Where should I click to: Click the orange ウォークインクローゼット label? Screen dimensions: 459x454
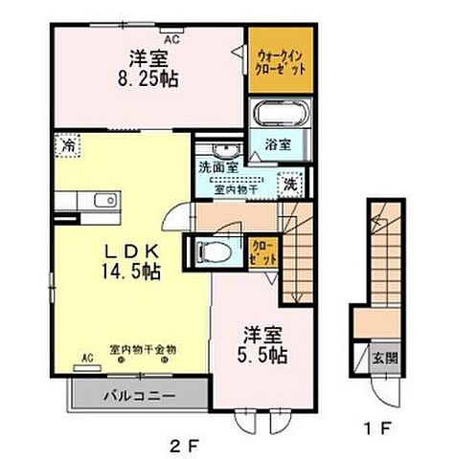click(x=280, y=62)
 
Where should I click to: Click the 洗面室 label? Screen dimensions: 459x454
click(x=217, y=167)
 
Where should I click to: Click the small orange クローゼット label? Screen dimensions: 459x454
click(x=260, y=251)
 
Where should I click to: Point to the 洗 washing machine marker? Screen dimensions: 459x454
click(x=287, y=184)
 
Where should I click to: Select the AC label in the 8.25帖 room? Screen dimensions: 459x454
click(x=172, y=40)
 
